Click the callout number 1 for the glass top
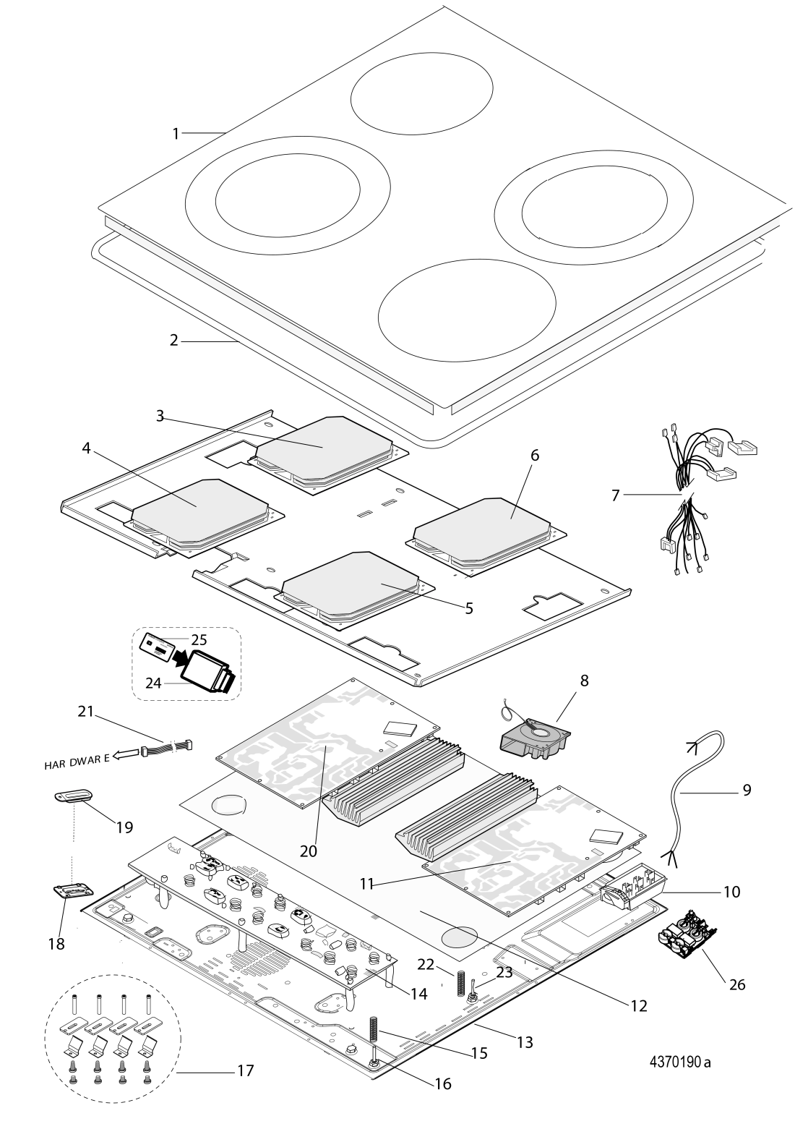175,133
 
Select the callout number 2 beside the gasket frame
173,341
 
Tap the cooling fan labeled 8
536,738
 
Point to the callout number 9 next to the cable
746,789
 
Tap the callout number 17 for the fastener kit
246,1070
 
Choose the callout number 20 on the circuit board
309,851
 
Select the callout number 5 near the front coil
469,608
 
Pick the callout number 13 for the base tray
525,1042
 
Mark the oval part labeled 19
73,796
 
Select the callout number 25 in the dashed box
199,639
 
